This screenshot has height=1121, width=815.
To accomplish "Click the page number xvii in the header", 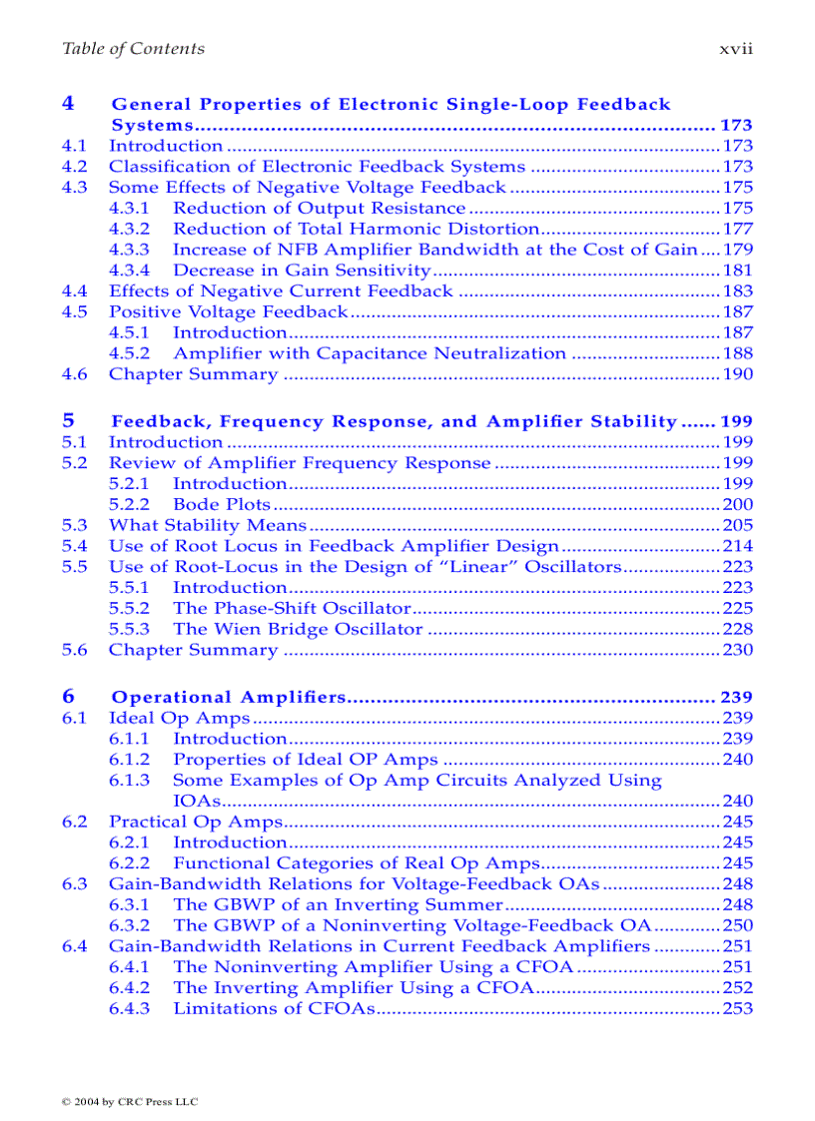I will click(x=736, y=49).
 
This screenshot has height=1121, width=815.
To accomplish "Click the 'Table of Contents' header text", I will click(x=133, y=49).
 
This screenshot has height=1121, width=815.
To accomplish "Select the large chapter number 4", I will click(x=68, y=103).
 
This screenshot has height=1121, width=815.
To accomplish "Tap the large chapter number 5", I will click(x=68, y=420).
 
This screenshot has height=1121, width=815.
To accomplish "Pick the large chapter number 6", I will click(x=68, y=696).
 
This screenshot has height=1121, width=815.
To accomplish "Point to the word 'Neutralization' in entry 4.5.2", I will click(x=509, y=353).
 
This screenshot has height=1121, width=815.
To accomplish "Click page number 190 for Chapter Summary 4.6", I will click(x=737, y=374).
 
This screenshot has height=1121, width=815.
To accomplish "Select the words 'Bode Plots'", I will click(x=222, y=504).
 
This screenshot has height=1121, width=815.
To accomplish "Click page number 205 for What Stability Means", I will click(x=737, y=525).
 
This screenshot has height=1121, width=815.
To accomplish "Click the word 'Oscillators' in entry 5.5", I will click(x=570, y=567).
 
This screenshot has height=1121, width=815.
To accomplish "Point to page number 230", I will click(x=737, y=650).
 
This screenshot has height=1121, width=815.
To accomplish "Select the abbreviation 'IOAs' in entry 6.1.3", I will click(x=196, y=801).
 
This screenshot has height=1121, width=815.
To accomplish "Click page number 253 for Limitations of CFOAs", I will click(x=737, y=1008).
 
